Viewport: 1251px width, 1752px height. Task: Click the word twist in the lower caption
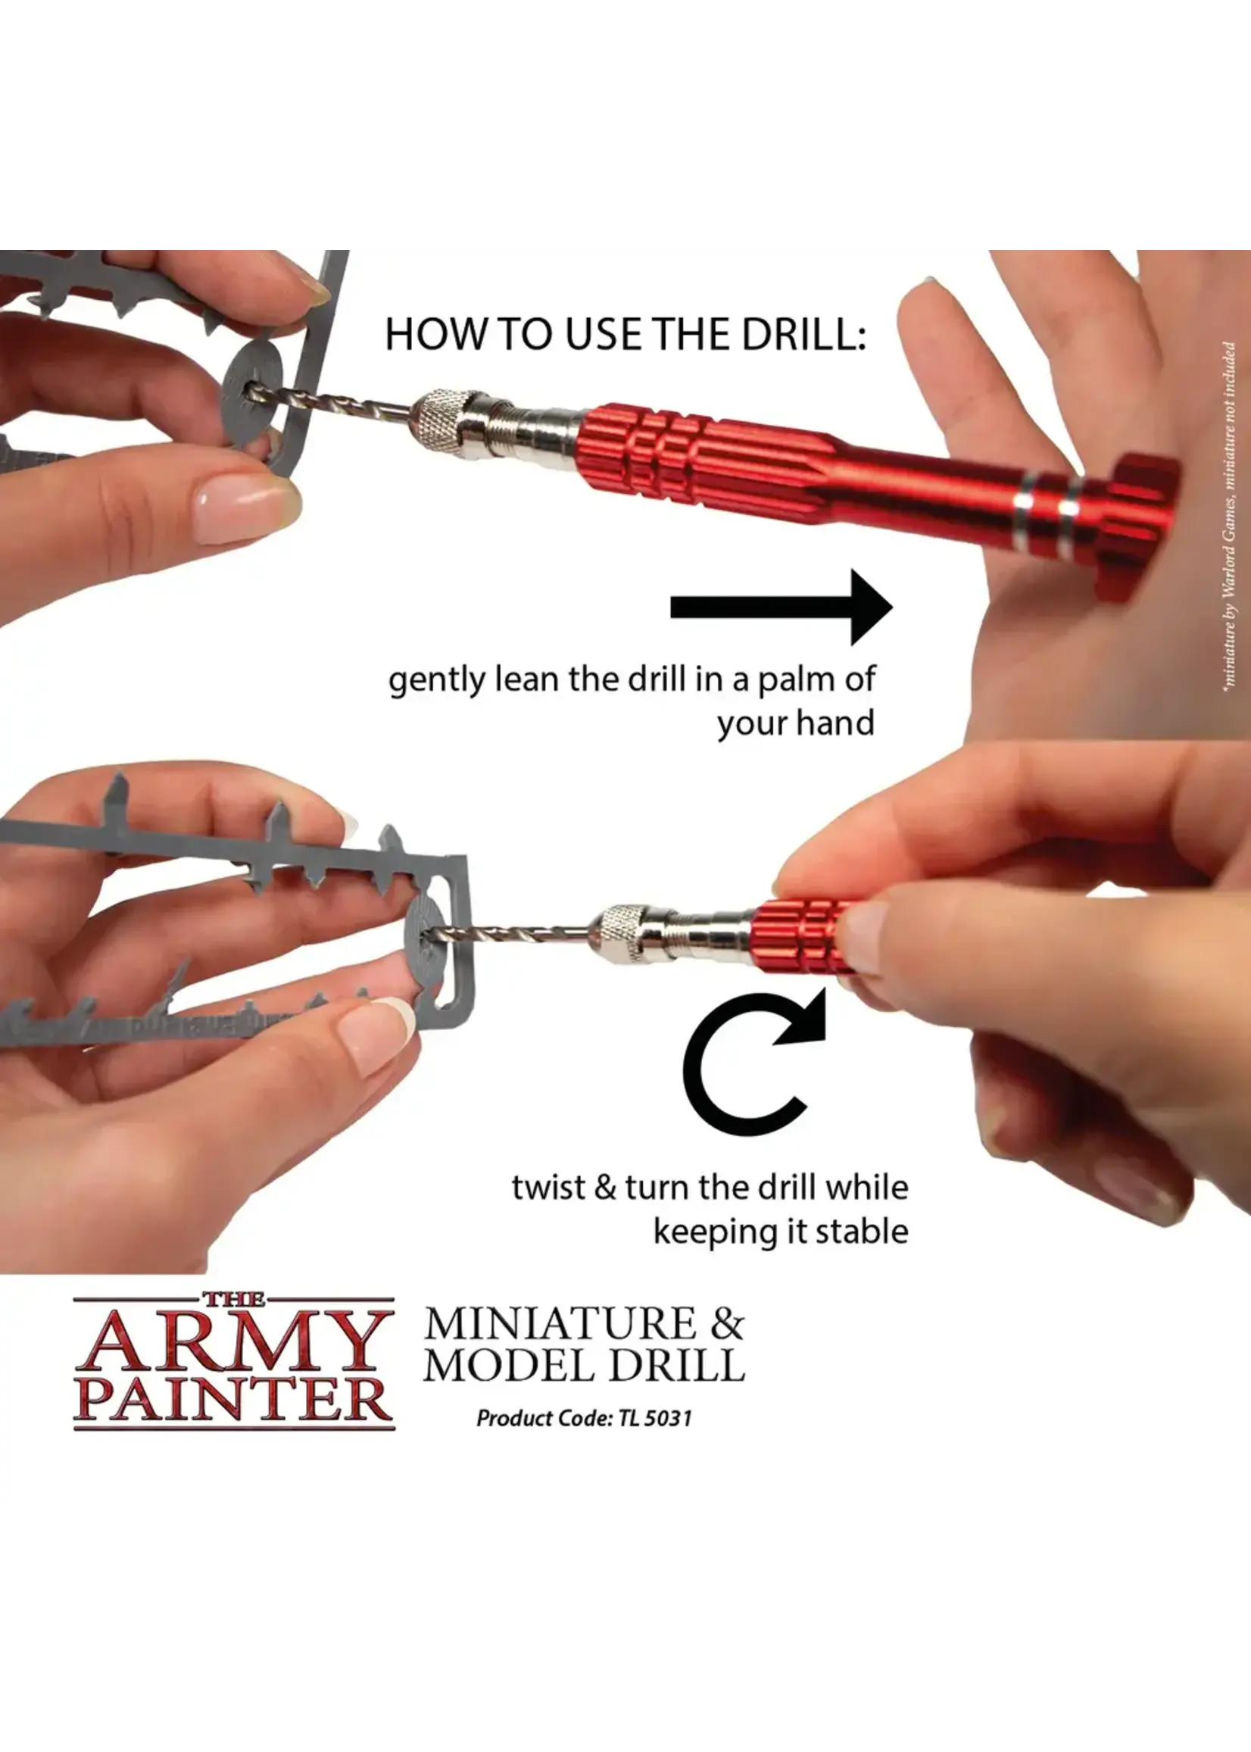pyautogui.click(x=548, y=1187)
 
